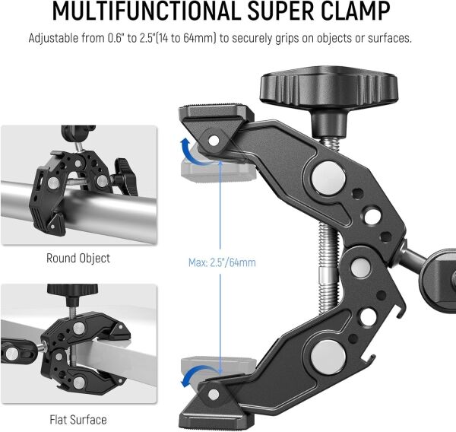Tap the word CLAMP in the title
[352, 12]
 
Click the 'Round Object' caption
[78, 258]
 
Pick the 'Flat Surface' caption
[78, 419]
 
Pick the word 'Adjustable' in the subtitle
[58, 38]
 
